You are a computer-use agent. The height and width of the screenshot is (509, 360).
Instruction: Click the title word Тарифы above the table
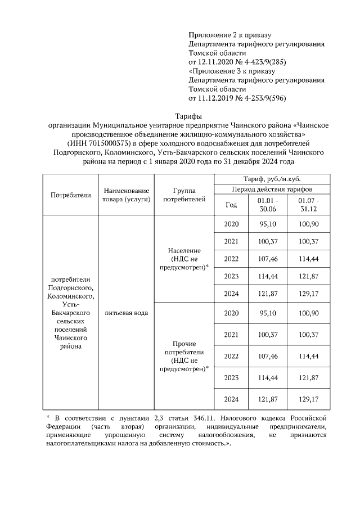[x=179, y=116]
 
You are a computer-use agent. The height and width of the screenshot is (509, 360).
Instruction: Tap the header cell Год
[x=231, y=205]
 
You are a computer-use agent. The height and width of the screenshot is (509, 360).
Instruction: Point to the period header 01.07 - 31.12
[x=309, y=205]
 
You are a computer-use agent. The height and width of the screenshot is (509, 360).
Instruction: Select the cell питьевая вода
[x=125, y=313]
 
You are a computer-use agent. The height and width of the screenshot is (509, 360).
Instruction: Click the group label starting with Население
[x=188, y=259]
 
